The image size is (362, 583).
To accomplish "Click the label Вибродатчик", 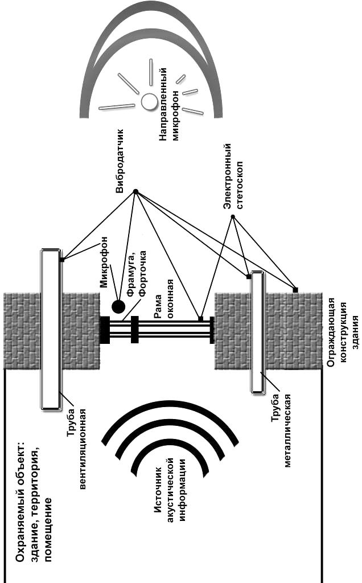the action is pyautogui.click(x=120, y=161).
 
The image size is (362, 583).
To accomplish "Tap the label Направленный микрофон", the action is pyautogui.click(x=168, y=105).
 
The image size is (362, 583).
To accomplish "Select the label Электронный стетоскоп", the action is pyautogui.click(x=233, y=176).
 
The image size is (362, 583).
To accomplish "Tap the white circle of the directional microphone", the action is pyautogui.click(x=149, y=101).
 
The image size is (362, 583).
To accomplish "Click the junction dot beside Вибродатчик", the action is pyautogui.click(x=135, y=191).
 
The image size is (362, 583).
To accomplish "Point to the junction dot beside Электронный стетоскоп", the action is pyautogui.click(x=233, y=216).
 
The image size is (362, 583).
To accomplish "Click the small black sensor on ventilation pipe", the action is pyautogui.click(x=62, y=260).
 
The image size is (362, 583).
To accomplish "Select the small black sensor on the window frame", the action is pyautogui.click(x=201, y=319).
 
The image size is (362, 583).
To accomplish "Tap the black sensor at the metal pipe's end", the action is pyautogui.click(x=249, y=276).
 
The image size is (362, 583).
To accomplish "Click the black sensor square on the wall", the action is pyautogui.click(x=295, y=290).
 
